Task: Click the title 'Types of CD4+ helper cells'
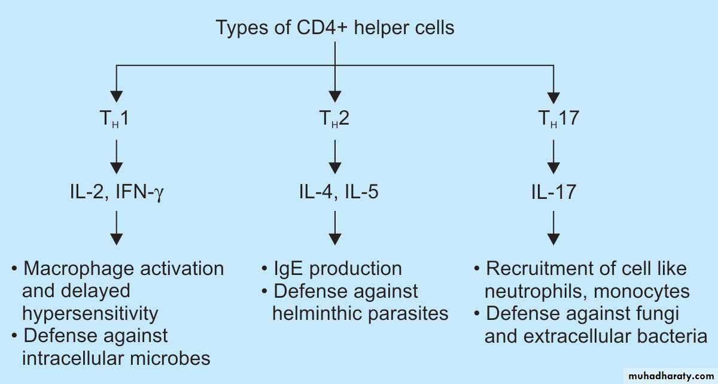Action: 335,28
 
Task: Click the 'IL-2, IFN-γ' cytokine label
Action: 115,192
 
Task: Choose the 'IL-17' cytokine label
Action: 553,192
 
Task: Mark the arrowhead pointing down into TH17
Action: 555,95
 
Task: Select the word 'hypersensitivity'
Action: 90,313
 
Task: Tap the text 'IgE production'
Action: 337,268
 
